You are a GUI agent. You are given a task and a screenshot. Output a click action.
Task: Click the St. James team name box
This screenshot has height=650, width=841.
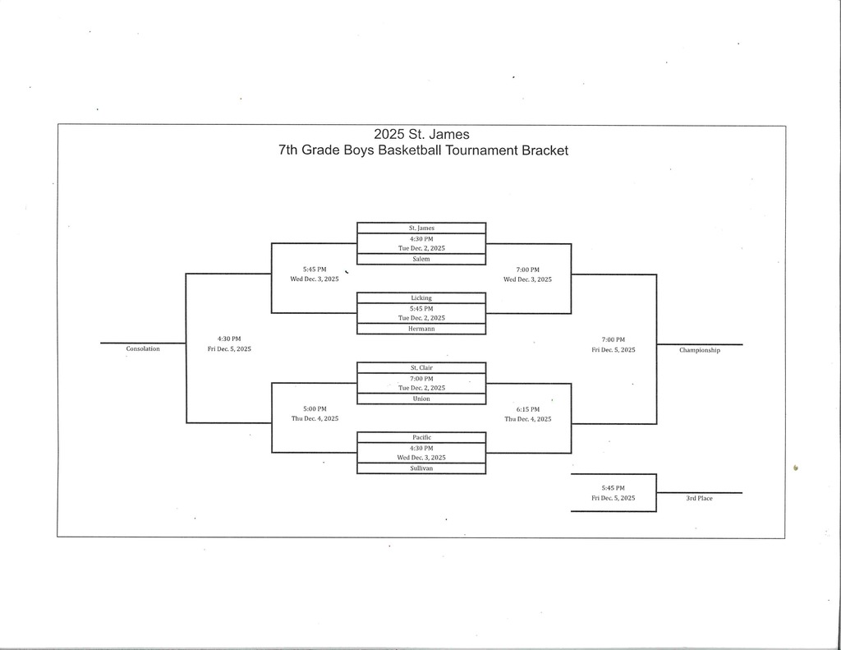[x=420, y=228]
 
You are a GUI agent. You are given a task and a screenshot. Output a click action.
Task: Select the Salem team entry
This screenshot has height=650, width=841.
[x=420, y=259]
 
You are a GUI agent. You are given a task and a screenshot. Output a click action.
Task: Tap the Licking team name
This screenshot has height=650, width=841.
[x=420, y=297]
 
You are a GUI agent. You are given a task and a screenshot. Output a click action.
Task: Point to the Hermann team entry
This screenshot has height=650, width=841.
[x=420, y=329]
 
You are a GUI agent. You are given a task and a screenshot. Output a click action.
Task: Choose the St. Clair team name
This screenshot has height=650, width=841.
[x=420, y=367]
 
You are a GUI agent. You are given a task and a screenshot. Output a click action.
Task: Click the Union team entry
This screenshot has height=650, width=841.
[x=420, y=399]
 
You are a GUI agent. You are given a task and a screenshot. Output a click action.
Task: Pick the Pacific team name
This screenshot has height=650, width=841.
[x=420, y=437]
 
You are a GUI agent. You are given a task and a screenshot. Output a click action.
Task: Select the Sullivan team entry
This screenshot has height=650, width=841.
[x=420, y=468]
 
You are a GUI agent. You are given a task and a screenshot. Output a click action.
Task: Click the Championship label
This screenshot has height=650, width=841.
[x=699, y=350]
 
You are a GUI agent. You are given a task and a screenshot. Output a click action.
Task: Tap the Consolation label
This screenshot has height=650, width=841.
[x=143, y=348]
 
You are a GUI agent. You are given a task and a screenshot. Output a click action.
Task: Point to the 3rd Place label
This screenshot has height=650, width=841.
[x=699, y=498]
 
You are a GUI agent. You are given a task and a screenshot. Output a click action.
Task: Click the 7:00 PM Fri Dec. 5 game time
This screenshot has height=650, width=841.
[x=614, y=344]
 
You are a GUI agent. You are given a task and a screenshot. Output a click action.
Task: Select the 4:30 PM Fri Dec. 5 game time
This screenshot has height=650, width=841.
[x=229, y=343]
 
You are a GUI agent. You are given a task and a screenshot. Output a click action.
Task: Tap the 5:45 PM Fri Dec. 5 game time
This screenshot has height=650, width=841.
[x=614, y=492]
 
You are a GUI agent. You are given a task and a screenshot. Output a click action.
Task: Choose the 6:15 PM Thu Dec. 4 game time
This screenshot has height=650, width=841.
[x=528, y=413]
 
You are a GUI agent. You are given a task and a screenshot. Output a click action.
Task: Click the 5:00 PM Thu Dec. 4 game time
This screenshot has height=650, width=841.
[x=315, y=413]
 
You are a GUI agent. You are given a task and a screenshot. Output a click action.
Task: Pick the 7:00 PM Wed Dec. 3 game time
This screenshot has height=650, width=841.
[x=528, y=274]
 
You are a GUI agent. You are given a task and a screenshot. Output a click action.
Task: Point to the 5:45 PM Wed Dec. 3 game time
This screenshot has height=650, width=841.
[x=315, y=274]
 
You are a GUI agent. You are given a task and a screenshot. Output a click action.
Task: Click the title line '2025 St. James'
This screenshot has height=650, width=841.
[x=421, y=134]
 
